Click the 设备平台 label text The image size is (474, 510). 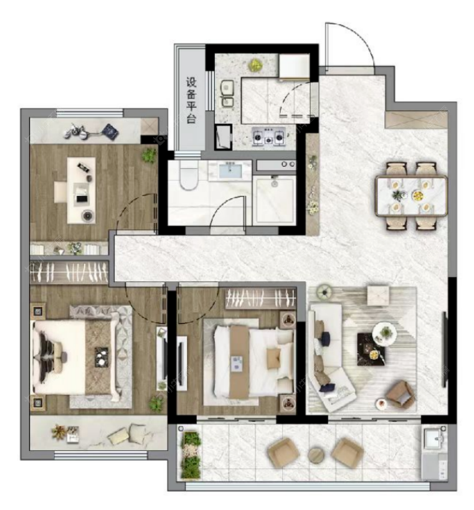tap(191, 100)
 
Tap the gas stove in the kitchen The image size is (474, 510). tap(268, 136)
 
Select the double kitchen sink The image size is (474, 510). tap(227, 93)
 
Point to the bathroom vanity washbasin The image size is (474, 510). tap(230, 171)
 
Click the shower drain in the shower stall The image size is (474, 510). tap(274, 184)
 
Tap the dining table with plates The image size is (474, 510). tap(411, 196)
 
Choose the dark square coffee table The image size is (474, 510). tap(371, 349)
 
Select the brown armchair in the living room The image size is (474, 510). tap(401, 395)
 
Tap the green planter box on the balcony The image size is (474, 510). tap(191, 455)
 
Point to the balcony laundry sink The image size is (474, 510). tap(435, 439)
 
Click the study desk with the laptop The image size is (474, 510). tap(82, 191)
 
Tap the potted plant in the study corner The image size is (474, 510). tap(149, 156)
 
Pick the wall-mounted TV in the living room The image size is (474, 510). tap(443, 349)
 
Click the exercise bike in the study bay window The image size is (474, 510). tap(78, 131)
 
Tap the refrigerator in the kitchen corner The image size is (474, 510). tap(294, 67)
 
